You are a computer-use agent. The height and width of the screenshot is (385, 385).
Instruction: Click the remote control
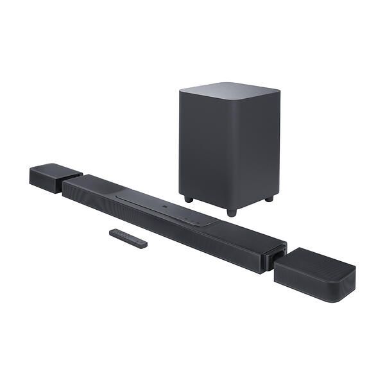coord(128,238)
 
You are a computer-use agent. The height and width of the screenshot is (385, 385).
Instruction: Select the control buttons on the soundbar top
coord(191,219)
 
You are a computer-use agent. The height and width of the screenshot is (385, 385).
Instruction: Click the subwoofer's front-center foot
coord(231,211)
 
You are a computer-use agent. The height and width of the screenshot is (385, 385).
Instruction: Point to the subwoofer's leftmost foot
coord(189,199)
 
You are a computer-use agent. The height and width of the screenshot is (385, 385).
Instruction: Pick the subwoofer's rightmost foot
coord(269,198)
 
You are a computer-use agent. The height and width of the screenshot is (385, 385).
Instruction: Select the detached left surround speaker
coord(55,177)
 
